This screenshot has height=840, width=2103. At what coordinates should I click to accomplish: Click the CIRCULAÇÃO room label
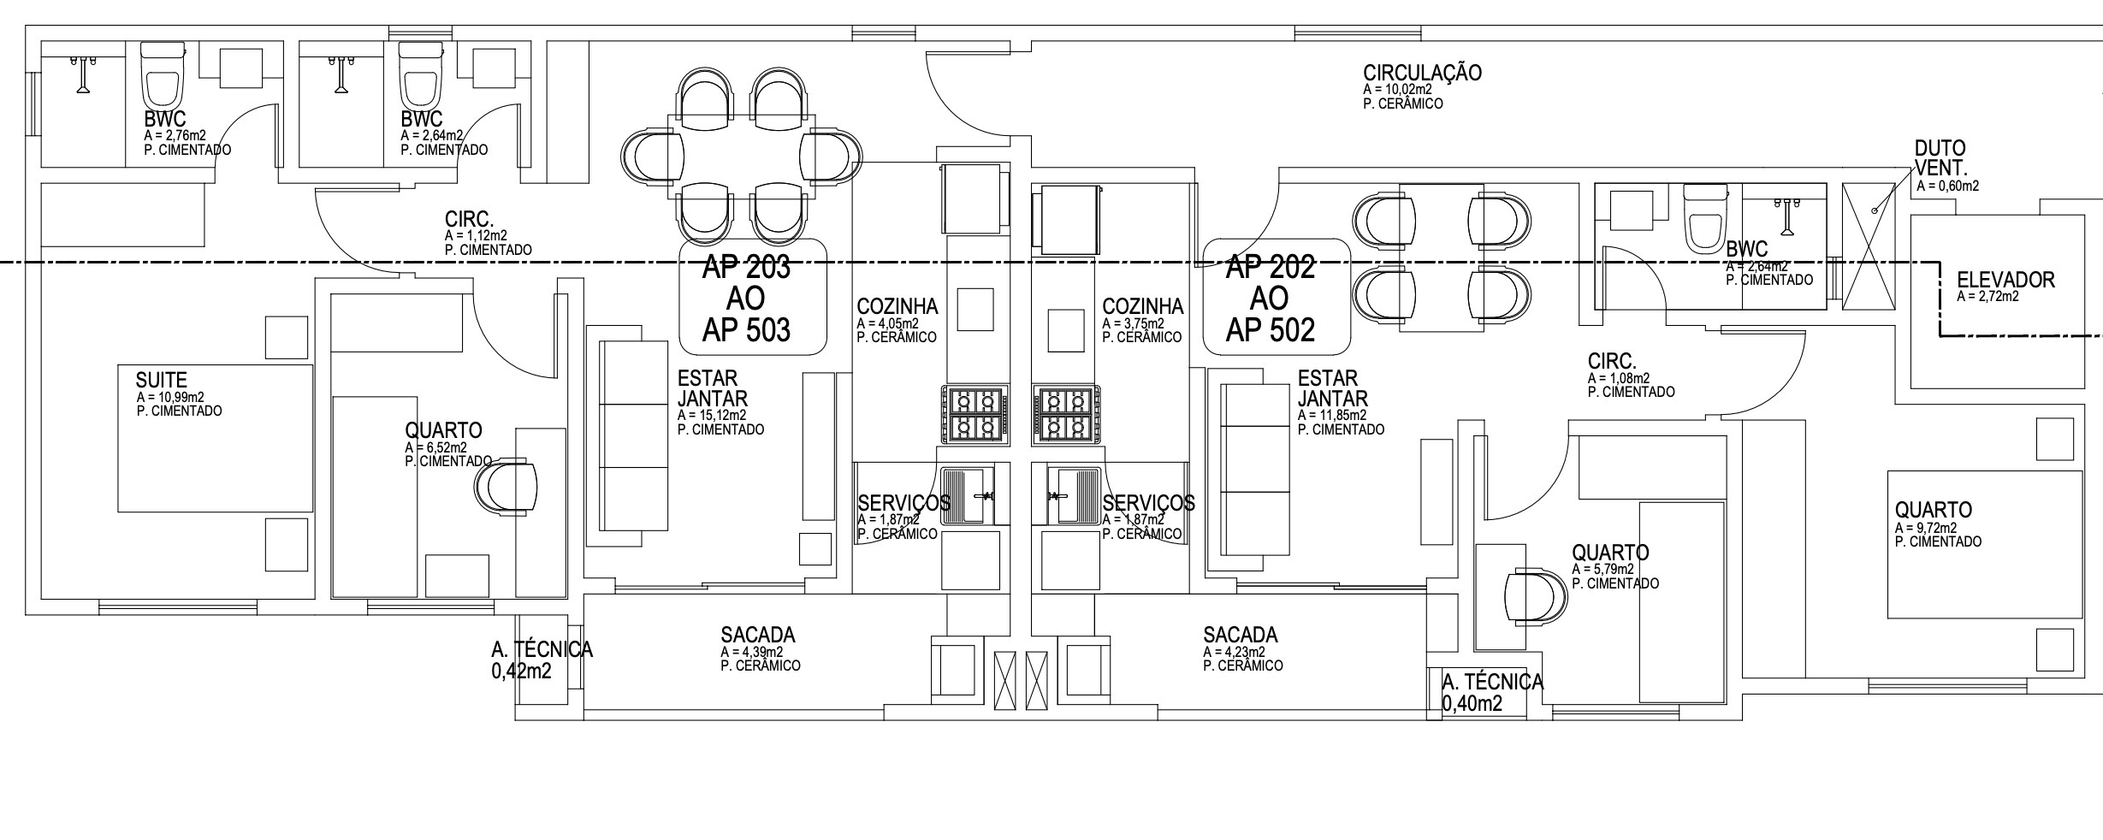1422,73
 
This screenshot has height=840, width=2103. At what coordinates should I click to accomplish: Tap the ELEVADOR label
2005,280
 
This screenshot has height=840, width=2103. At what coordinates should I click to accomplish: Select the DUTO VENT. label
1940,158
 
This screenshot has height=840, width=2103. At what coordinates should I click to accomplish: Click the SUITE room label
161,380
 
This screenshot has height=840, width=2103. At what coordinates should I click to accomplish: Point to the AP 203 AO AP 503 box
753,297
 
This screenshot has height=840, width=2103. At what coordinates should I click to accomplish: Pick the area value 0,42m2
522,671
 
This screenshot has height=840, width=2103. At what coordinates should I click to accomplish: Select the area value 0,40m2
1472,704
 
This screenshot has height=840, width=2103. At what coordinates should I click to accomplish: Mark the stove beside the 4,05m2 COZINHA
974,415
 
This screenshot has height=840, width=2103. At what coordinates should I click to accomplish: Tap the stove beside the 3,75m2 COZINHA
1066,415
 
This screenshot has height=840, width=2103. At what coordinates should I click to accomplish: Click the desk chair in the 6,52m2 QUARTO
506,487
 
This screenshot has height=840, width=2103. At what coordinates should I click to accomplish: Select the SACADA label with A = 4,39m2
758,635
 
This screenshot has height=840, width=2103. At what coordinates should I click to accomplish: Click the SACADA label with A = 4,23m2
1241,635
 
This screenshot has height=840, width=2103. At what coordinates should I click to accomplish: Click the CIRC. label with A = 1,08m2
1612,361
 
